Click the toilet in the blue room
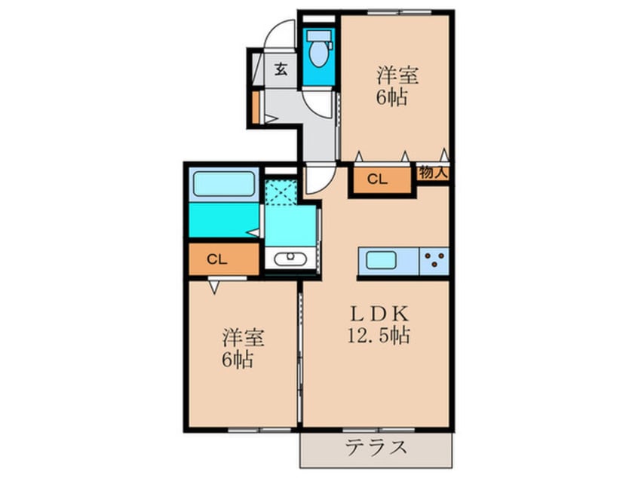click(318, 51)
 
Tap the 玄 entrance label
click(280, 71)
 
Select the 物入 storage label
click(434, 173)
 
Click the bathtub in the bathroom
click(223, 185)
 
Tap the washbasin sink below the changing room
click(287, 259)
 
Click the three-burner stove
click(434, 260)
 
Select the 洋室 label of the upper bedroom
click(397, 75)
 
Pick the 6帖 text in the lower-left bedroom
click(238, 359)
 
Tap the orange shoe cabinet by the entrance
click(256, 106)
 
